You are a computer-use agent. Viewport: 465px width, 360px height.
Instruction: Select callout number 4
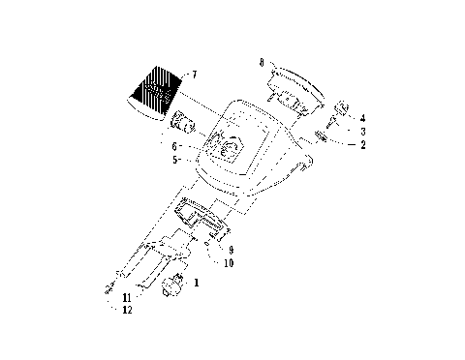(362, 118)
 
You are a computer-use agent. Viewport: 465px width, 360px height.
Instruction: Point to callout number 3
(362, 131)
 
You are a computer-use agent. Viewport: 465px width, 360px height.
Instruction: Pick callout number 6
(174, 146)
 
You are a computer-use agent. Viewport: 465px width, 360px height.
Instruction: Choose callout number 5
(174, 160)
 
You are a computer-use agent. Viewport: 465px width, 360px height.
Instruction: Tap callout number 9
(230, 250)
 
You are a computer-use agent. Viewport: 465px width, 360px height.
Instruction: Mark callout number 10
(230, 262)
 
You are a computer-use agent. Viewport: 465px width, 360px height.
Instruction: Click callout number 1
(197, 283)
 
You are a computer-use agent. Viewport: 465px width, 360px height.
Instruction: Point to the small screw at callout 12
(107, 291)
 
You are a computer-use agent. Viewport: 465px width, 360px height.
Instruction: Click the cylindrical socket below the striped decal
(183, 124)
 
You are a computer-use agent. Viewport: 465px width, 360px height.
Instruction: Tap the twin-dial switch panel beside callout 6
(228, 147)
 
